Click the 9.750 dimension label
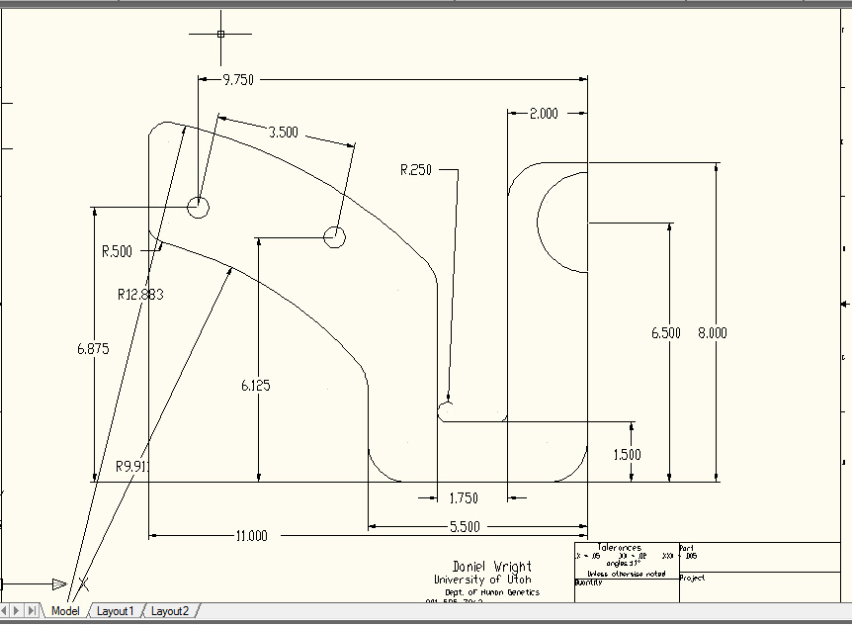point(238,80)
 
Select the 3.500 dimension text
point(283,133)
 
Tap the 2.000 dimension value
point(544,114)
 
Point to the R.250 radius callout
point(416,170)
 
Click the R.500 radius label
point(117,251)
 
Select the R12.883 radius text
point(140,294)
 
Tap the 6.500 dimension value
point(666,333)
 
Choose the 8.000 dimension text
point(712,333)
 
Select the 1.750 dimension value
point(464,498)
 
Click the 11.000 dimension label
point(251,536)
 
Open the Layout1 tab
point(115,611)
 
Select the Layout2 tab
point(169,611)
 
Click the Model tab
point(65,611)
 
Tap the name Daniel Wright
point(491,567)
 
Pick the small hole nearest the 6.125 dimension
point(334,236)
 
